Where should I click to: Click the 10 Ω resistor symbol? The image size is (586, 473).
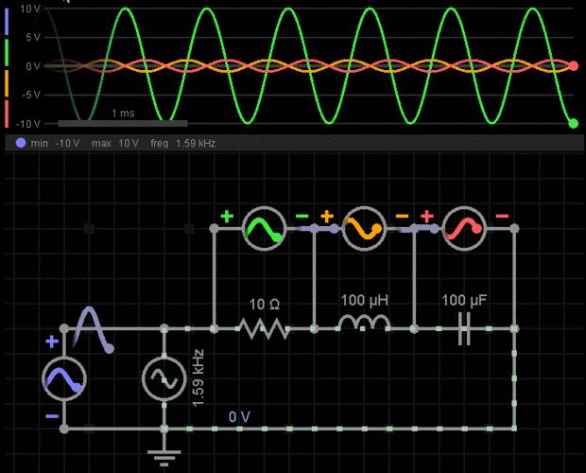[265, 328]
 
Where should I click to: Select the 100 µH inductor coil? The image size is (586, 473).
[364, 323]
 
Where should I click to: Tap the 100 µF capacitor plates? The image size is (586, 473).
[464, 328]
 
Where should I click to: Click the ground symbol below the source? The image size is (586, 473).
[164, 458]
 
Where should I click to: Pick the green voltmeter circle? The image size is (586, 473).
[265, 229]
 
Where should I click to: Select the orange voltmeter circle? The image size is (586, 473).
[364, 229]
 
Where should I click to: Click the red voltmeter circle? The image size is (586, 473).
[464, 229]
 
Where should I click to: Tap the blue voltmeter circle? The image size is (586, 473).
[64, 378]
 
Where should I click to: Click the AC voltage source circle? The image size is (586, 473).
[164, 378]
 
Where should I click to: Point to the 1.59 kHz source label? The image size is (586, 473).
[198, 378]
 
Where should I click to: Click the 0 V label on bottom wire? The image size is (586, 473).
[239, 416]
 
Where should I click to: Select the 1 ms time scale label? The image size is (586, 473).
[123, 113]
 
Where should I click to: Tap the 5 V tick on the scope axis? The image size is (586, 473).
[32, 37]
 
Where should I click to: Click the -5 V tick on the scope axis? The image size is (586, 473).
[31, 95]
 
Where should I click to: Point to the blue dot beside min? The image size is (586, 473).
[21, 143]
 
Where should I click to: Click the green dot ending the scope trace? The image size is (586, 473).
[574, 123]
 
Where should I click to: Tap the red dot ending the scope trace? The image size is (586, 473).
[574, 66]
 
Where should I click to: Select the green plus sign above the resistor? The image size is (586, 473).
[227, 216]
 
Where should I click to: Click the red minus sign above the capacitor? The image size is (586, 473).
[502, 216]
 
